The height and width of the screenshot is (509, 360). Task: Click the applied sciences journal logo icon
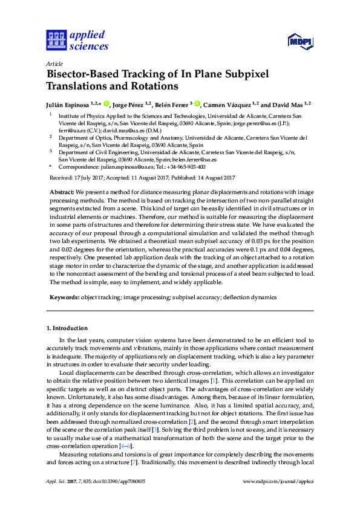pos(56,41)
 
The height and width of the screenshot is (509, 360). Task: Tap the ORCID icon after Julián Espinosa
pos(106,104)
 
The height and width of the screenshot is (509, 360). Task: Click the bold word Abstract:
pos(62,191)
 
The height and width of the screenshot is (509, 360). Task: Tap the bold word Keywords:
pos(64,297)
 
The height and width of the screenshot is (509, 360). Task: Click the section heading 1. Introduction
pos(67,328)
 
